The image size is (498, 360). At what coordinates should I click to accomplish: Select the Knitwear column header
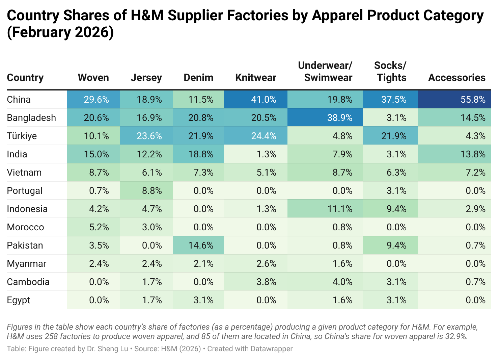[x=255, y=78]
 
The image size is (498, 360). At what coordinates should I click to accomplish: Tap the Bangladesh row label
[x=31, y=118]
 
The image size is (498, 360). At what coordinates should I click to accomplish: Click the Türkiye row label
[x=22, y=136]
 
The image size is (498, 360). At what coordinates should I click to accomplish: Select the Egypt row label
[x=19, y=300]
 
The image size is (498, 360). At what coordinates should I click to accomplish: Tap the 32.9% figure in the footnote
[x=456, y=336]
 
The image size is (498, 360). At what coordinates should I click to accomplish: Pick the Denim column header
[x=198, y=78]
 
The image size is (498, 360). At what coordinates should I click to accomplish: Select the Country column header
[x=25, y=78]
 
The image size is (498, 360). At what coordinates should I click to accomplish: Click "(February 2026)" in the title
[x=60, y=32]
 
